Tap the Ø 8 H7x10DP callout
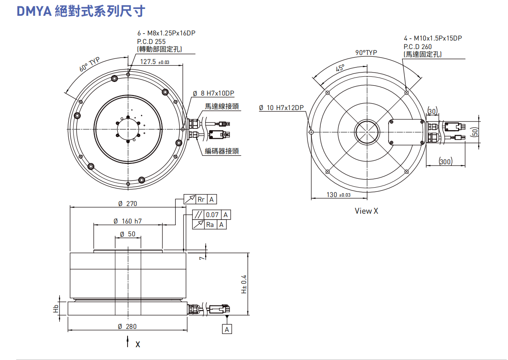pyautogui.click(x=214, y=93)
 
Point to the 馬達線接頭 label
pyautogui.click(x=221, y=107)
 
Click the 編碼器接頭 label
pyautogui.click(x=221, y=151)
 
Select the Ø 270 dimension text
pyautogui.click(x=128, y=203)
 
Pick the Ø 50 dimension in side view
pyautogui.click(x=128, y=234)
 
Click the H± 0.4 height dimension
pyautogui.click(x=244, y=284)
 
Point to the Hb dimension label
pyautogui.click(x=56, y=308)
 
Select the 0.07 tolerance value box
pyautogui.click(x=212, y=215)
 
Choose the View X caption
pyautogui.click(x=366, y=211)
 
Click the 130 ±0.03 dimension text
pyautogui.click(x=339, y=195)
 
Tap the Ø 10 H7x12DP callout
pyautogui.click(x=281, y=107)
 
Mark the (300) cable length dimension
pyautogui.click(x=446, y=161)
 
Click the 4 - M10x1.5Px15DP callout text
pyautogui.click(x=433, y=38)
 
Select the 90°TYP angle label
pyautogui.click(x=366, y=52)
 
